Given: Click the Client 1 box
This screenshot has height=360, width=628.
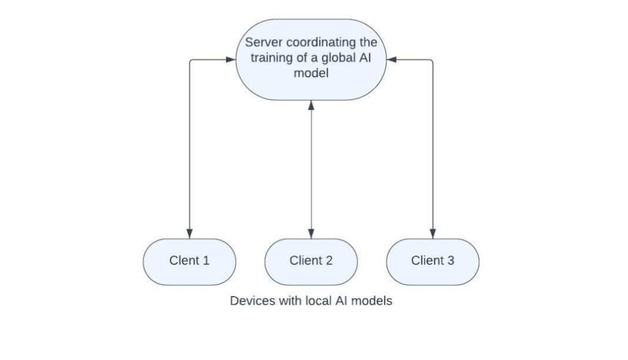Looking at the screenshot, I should point(189,261).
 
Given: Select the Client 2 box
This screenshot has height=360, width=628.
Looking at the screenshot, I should point(311,261).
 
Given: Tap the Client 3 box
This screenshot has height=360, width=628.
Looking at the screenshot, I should point(432,261).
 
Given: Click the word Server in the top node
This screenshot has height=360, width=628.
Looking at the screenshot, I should point(262,43).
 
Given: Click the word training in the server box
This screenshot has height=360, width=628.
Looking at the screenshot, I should point(273,59).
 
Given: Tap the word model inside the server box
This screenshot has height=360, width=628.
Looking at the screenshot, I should point(311,74).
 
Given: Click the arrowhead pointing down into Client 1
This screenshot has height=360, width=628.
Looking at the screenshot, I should point(189,233).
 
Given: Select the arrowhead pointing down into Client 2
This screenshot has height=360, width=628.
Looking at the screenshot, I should point(311,233).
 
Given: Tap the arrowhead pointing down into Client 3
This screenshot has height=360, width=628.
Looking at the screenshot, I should point(433,233).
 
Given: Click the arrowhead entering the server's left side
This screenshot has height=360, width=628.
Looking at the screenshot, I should point(231,59).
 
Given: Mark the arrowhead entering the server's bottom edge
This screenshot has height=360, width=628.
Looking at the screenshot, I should point(311,105).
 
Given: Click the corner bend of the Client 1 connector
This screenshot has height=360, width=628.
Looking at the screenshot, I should point(190,60).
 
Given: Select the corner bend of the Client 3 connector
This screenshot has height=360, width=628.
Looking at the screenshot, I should point(432,60).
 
